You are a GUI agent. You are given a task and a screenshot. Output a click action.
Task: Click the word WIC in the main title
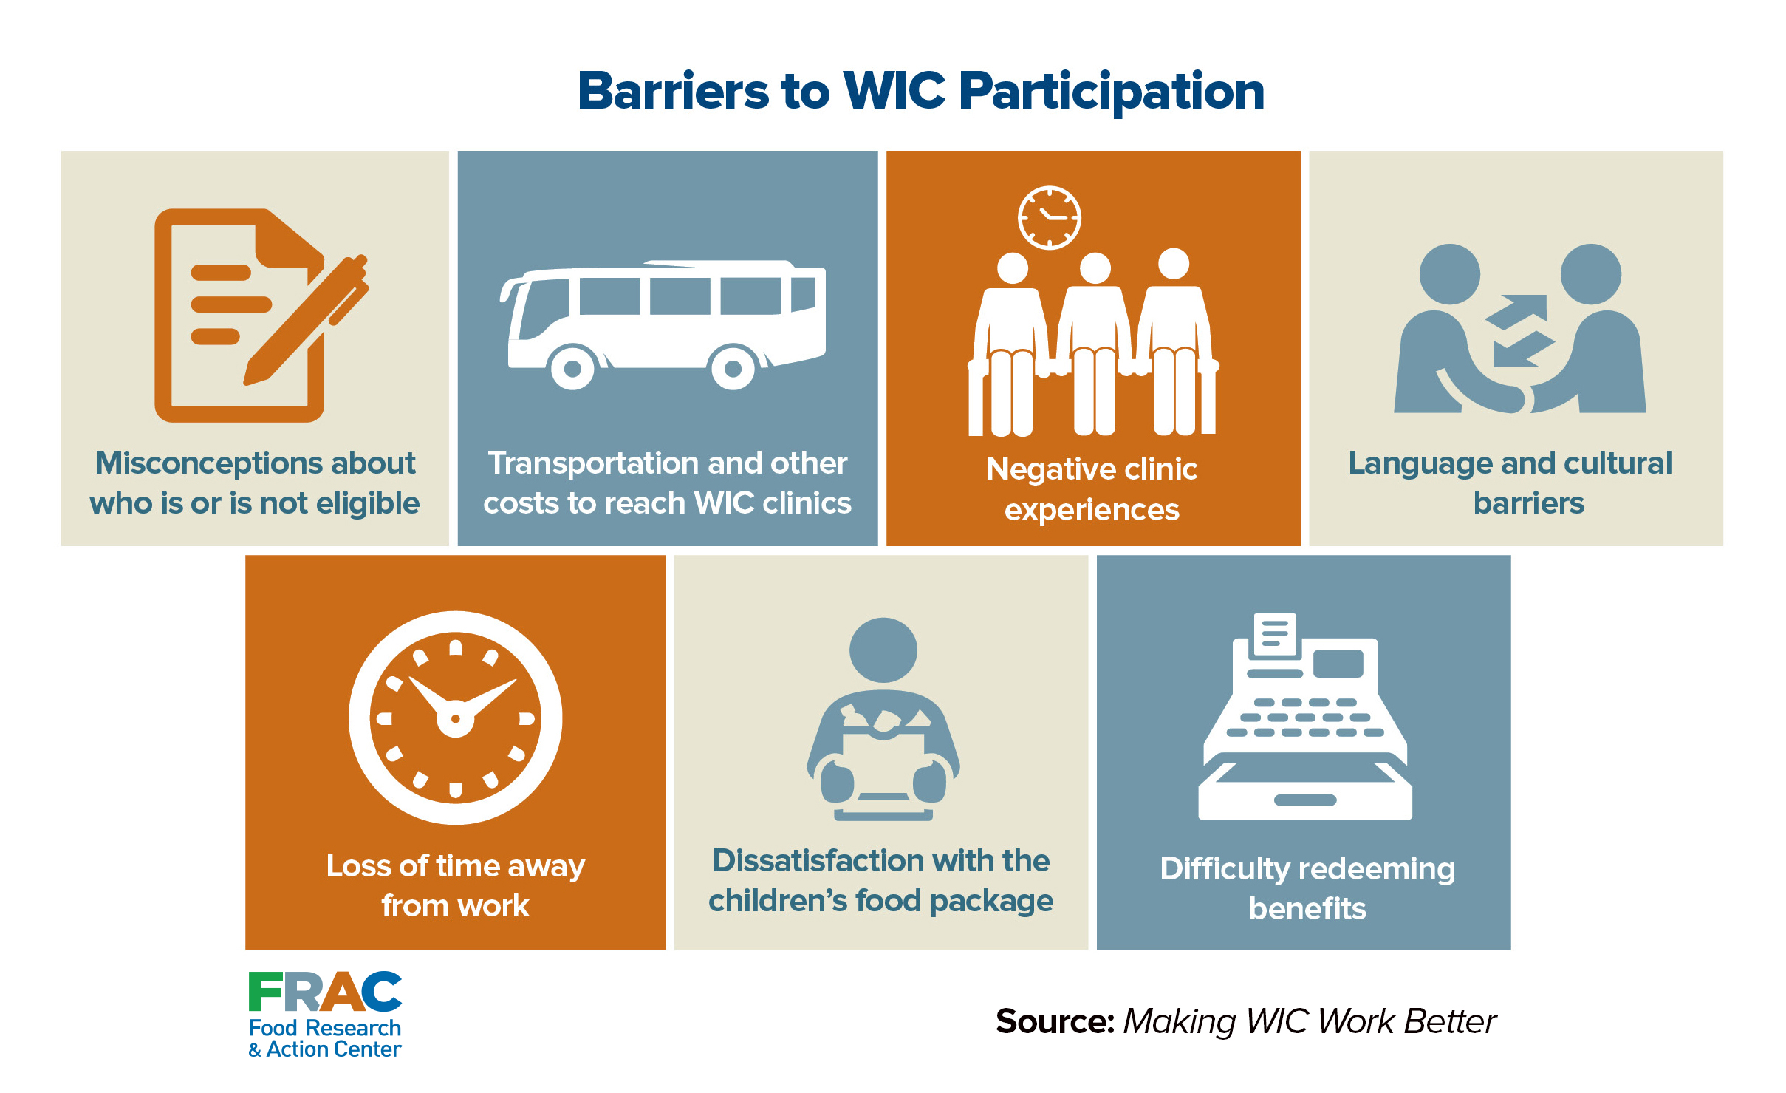point(894,91)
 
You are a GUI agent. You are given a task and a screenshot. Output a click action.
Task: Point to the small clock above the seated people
point(1049,218)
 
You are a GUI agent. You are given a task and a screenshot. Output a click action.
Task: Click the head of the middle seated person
point(1095,268)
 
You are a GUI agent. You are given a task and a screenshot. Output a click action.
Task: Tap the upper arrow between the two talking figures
point(1518,310)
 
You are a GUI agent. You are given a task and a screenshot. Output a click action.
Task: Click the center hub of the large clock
point(455,718)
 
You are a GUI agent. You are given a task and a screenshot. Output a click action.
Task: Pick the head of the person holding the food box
point(883,650)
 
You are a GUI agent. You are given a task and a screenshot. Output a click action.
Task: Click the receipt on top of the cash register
point(1274,634)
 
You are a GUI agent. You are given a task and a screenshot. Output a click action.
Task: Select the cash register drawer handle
point(1305,800)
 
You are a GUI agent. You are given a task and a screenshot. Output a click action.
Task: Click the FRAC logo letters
point(325,992)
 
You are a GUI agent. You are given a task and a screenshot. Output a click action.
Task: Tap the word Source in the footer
point(1055,1021)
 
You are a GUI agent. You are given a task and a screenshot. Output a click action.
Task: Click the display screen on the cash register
point(1338,663)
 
